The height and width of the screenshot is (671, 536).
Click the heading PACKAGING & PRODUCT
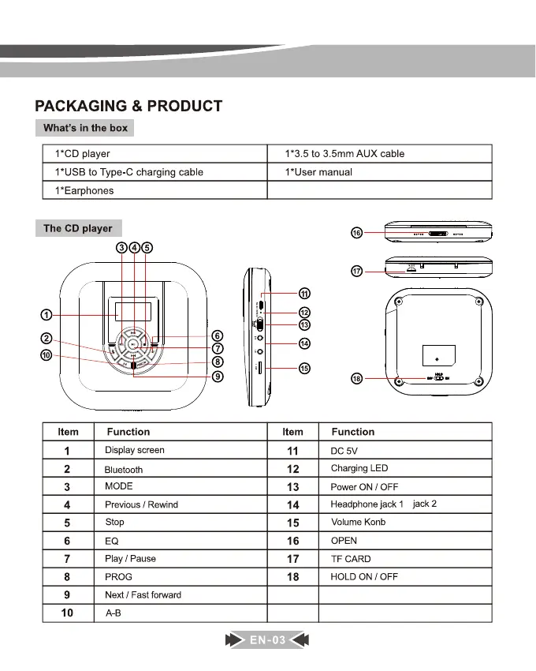(x=128, y=106)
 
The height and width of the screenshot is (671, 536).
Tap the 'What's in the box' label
(x=85, y=128)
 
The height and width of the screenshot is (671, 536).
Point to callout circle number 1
(x=47, y=316)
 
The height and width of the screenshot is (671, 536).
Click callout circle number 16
(x=356, y=233)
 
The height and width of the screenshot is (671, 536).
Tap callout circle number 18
(x=356, y=379)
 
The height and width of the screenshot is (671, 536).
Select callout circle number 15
(x=304, y=368)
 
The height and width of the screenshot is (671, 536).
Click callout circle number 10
(x=47, y=355)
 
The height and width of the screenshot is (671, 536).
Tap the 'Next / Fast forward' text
(x=143, y=594)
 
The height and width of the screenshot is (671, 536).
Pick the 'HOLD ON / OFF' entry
(x=363, y=576)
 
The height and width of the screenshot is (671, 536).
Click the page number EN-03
(x=268, y=640)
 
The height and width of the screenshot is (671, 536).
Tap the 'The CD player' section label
(x=78, y=228)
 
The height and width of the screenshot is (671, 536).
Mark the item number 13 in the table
(x=292, y=487)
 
